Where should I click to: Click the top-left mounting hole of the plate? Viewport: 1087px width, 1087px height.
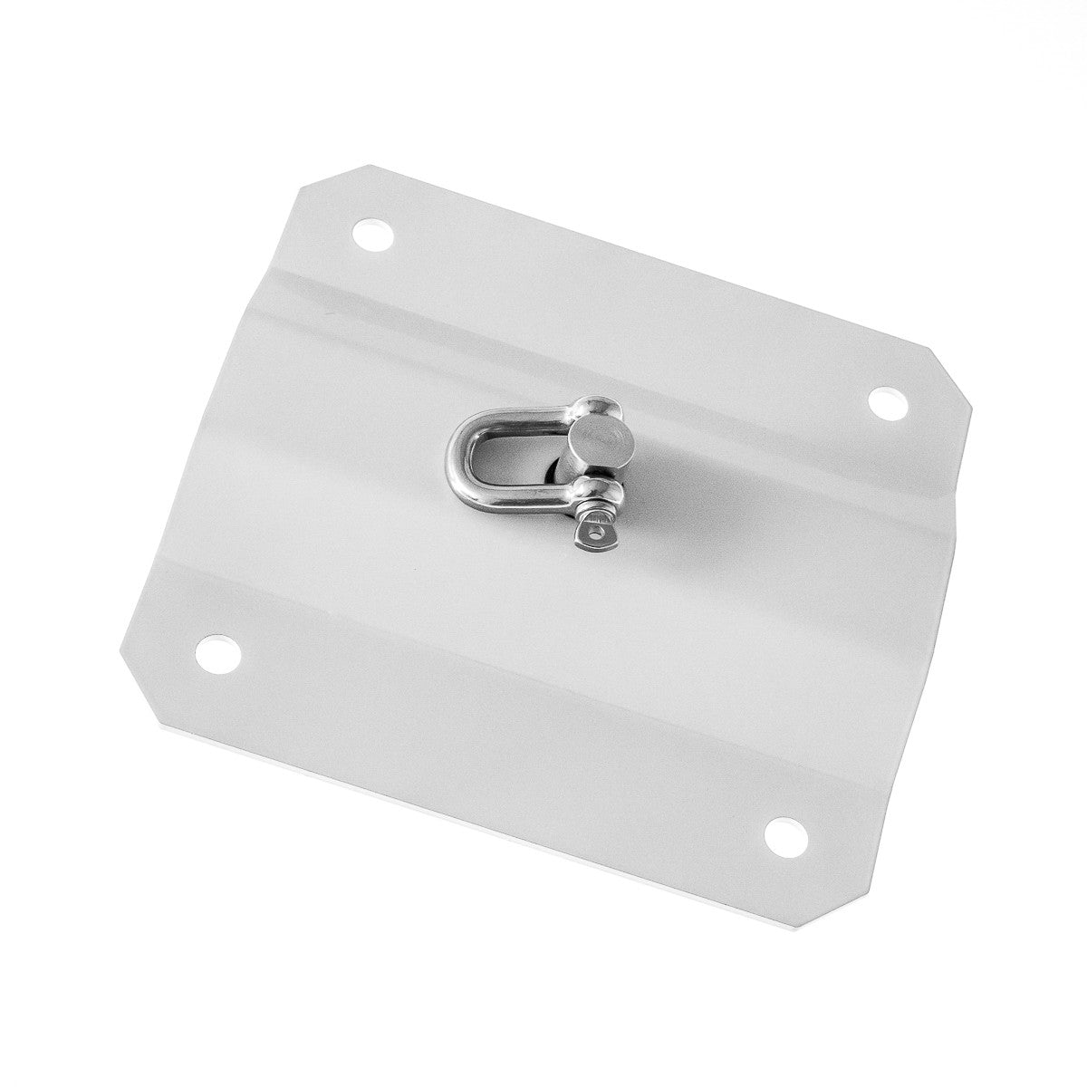click(374, 236)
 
